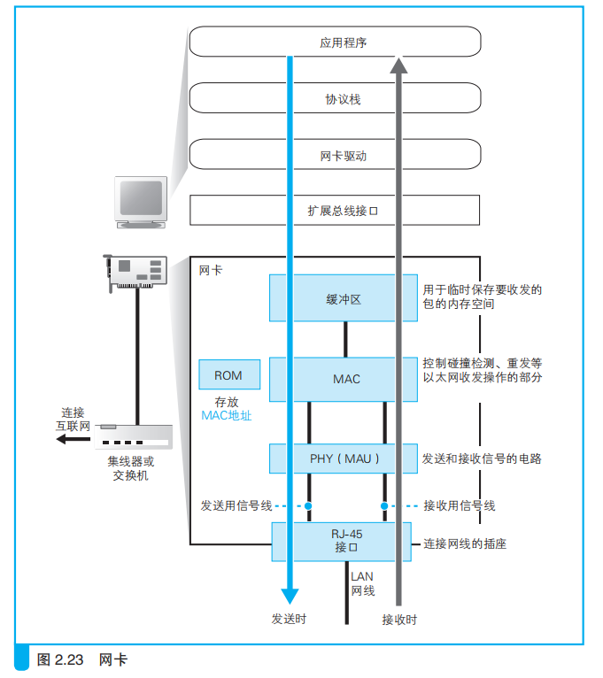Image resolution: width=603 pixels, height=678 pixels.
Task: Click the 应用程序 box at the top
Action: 335,42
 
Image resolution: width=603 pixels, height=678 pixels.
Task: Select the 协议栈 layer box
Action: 335,99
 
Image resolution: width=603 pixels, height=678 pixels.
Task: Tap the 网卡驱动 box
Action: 335,157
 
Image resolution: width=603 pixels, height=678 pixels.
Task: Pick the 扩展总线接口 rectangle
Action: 335,211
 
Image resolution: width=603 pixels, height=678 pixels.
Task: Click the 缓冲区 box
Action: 344,298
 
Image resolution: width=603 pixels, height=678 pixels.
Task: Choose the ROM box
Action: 228,375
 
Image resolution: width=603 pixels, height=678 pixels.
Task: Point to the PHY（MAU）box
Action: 344,458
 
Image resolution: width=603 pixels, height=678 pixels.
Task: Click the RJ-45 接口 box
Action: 344,540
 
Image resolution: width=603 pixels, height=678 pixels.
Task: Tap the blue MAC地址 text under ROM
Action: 226,414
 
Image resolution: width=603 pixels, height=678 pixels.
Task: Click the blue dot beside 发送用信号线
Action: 309,506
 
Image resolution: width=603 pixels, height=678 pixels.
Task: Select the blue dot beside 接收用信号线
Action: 384,506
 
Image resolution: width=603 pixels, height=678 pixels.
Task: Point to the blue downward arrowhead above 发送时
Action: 290,595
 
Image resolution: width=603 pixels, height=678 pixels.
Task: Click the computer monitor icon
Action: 143,200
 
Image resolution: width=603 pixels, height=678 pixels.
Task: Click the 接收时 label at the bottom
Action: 398,619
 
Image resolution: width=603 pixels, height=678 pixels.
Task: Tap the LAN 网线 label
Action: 362,583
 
